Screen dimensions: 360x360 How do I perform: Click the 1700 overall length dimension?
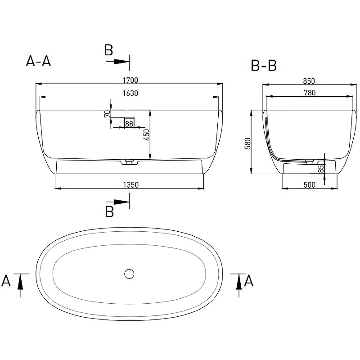[x=130, y=80]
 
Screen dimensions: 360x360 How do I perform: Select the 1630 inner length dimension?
[x=130, y=93]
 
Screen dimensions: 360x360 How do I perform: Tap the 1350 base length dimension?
[x=131, y=185]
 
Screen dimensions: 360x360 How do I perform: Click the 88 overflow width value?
[x=129, y=124]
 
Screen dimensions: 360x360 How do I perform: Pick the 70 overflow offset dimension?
[x=107, y=114]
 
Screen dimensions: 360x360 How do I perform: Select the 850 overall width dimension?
[x=309, y=81]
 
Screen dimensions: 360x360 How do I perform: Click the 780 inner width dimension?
[x=310, y=93]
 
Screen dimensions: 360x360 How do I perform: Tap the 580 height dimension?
[x=248, y=144]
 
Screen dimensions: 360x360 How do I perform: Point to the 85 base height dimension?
[x=321, y=169]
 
